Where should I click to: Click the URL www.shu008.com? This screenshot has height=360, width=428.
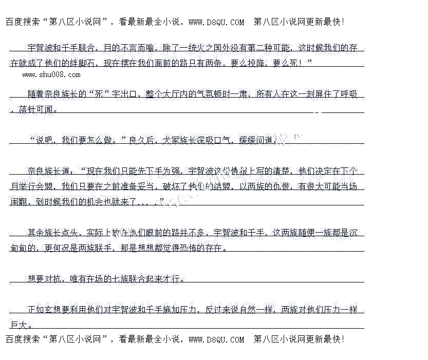click(x=51, y=74)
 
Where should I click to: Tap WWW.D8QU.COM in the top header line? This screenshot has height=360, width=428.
click(x=216, y=22)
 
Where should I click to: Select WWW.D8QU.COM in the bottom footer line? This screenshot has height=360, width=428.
click(x=216, y=339)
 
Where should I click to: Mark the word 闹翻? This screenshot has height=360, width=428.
click(x=19, y=202)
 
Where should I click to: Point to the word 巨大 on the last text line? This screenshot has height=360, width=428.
click(x=19, y=325)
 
